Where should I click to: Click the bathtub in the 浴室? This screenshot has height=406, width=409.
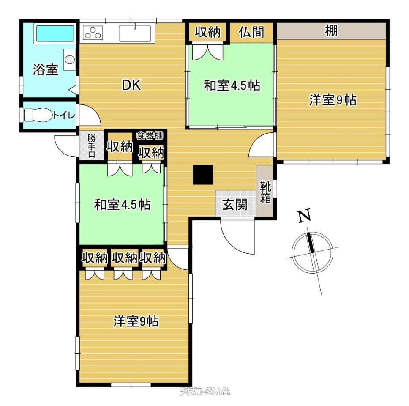pos(55,33)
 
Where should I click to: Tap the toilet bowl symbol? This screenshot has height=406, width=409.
pos(38,115)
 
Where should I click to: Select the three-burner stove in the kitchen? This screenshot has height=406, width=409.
pos(93,33)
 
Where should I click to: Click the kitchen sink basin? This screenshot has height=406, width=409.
pos(135,33)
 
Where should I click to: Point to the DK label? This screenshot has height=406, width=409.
pos(131,85)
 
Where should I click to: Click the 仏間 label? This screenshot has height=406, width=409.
pos(251,32)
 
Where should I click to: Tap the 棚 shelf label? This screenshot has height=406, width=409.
pos(331,30)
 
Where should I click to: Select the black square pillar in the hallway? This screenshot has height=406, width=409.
pos(203,174)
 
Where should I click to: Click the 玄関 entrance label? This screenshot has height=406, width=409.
pos(235,204)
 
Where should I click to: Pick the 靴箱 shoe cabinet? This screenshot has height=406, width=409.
pos(265,191)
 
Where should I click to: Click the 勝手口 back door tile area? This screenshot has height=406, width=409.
pos(92,145)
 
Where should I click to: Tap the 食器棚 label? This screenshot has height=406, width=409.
pos(150,136)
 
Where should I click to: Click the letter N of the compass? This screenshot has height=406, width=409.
pos(304,215)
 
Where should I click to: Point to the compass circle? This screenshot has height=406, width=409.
pos(312,233)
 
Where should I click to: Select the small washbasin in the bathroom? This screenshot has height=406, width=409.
pos(70,60)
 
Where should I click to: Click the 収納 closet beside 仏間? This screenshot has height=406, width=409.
pos(208,32)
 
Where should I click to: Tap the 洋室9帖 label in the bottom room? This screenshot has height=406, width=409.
pos(136,321)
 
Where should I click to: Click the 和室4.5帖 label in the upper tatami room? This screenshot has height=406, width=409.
pos(232,85)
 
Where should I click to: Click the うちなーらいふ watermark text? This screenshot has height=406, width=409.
pos(204,391)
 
